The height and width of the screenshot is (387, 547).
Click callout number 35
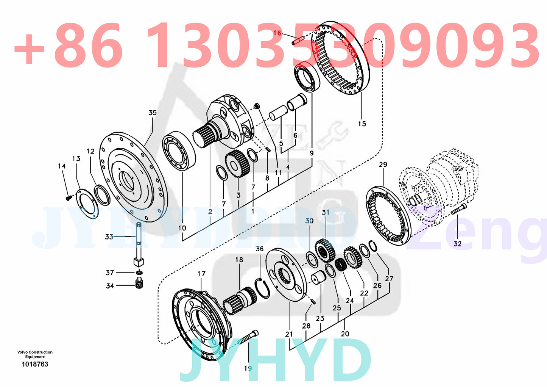(x=152, y=113)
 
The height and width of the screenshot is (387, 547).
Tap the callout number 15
(x=362, y=124)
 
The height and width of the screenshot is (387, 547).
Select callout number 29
(x=383, y=165)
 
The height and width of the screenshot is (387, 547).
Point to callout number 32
(x=457, y=243)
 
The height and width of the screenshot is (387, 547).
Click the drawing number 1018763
(x=35, y=364)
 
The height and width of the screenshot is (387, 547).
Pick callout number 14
(x=62, y=166)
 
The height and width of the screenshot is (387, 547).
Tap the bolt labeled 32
(x=458, y=209)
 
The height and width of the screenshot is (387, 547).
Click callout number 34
(x=110, y=286)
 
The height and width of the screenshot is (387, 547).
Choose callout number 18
(x=239, y=260)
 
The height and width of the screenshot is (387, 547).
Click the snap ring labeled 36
(x=262, y=288)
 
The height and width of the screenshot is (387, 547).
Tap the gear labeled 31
(x=325, y=250)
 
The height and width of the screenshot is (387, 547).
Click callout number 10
(x=182, y=228)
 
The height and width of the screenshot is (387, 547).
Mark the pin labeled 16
(x=298, y=39)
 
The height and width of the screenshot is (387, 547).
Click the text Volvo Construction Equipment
(x=35, y=354)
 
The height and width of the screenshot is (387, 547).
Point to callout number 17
(x=201, y=274)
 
